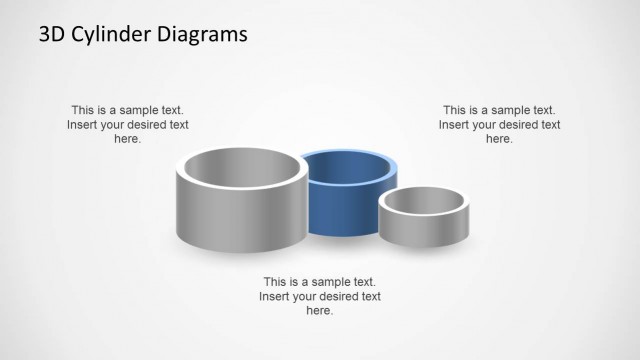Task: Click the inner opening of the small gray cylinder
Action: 422,202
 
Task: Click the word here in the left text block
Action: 127,140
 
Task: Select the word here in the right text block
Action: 499,140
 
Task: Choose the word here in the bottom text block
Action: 319,311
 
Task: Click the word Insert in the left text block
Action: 84,125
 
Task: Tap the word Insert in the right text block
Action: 456,125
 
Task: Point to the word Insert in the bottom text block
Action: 276,297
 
